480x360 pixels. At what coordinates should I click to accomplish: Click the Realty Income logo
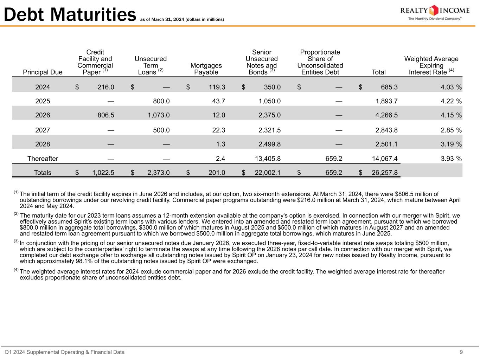(435, 13)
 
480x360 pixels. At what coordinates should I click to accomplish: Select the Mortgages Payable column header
(206, 69)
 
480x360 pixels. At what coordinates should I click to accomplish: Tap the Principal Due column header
(43, 72)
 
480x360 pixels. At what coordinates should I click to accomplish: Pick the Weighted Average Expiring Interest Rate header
(431, 65)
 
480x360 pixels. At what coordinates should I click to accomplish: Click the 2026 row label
(43, 115)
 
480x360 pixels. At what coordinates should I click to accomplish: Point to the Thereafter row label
(43, 159)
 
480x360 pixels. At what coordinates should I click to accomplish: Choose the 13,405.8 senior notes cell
(268, 159)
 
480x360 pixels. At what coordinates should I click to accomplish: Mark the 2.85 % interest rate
(451, 130)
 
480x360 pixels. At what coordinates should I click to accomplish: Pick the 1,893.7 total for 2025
(386, 101)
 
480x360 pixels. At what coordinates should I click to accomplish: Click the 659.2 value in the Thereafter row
(334, 159)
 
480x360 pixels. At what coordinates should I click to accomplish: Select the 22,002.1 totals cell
(268, 173)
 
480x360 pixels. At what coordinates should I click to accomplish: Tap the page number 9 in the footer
(461, 352)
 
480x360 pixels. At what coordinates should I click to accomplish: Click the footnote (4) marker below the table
(16, 270)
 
